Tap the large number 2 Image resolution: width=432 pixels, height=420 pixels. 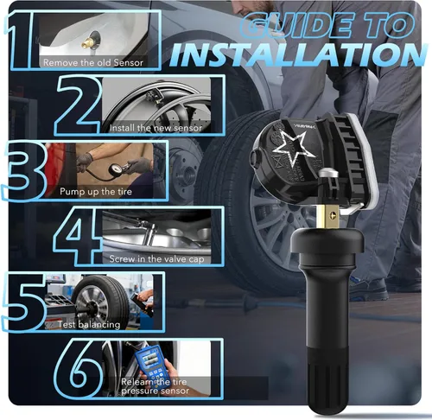(x=79, y=105)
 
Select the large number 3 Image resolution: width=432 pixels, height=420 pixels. (x=23, y=170)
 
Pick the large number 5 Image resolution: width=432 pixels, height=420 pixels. (x=23, y=302)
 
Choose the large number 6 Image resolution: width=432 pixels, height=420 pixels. (x=79, y=369)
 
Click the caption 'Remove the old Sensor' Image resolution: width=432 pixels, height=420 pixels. (x=93, y=62)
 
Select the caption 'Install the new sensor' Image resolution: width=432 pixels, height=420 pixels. (x=156, y=128)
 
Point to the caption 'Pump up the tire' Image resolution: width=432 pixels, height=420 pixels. (x=96, y=192)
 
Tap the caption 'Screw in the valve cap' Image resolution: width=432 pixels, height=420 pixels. (x=156, y=259)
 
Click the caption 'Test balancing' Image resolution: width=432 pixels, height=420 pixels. (x=89, y=325)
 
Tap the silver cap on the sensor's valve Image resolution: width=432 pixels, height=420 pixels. (x=328, y=174)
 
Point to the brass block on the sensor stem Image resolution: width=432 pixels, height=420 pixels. (x=328, y=215)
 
